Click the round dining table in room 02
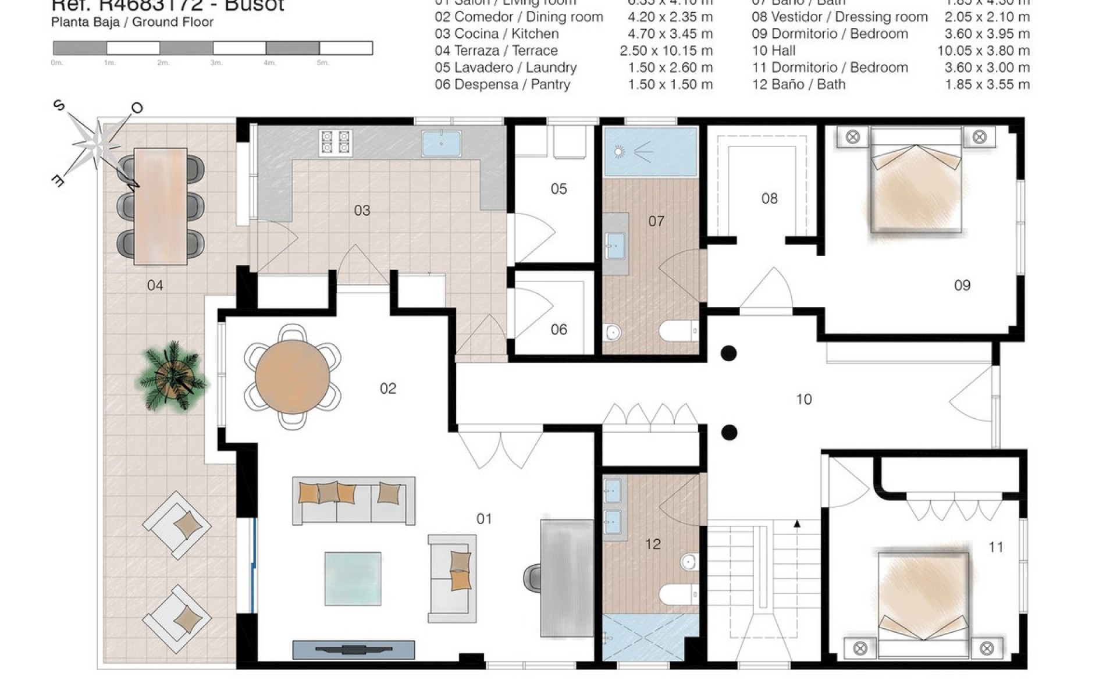[293, 376]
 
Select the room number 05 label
[558, 188]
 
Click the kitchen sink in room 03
[442, 143]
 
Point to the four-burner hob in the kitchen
[336, 143]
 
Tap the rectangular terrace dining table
[160, 206]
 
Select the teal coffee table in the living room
[353, 579]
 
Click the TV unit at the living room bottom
[353, 650]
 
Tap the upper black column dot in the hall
[729, 353]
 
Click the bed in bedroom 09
[916, 186]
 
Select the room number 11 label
[995, 547]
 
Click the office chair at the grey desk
[532, 577]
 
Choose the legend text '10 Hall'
[773, 51]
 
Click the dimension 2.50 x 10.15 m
[666, 51]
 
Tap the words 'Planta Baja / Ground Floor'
[132, 22]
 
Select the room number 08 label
[769, 198]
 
